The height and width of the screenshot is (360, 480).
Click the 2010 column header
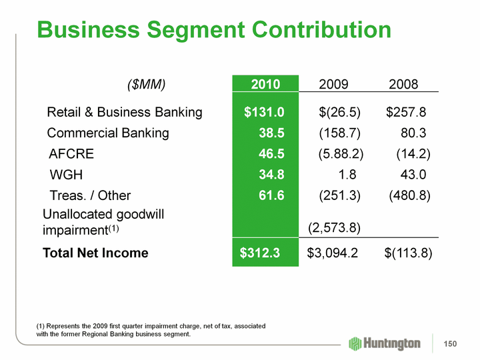pos(265,85)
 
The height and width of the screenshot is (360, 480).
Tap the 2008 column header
pos(403,85)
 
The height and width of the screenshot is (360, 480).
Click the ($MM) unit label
pos(146,85)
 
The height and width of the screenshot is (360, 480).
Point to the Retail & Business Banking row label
pos(125,111)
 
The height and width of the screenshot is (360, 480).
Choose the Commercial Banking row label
pos(108,133)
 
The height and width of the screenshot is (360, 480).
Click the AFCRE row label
pos(71,154)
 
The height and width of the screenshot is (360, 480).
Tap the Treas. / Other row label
pos(90,195)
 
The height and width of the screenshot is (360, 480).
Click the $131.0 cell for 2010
pos(264,111)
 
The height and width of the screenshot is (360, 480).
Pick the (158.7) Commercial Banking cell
pos(341,133)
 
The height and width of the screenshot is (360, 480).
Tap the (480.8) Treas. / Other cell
pos(409,195)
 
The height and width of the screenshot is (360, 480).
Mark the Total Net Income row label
pos(95,253)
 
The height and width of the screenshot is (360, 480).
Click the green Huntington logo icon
pos(356,343)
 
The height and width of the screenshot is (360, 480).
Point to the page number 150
pos(451,343)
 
